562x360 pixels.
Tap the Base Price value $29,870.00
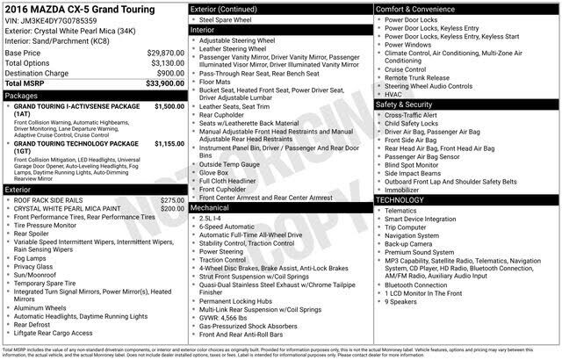(x=166, y=54)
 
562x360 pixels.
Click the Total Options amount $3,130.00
(x=166, y=63)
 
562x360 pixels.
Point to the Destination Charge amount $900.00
(x=170, y=73)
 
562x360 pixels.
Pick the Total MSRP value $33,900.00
(x=164, y=83)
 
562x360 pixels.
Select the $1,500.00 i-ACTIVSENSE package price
(x=168, y=105)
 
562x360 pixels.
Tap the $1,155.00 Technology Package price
(x=168, y=142)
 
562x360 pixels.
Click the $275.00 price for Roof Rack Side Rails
(x=172, y=200)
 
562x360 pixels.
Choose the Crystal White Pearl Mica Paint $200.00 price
(x=172, y=209)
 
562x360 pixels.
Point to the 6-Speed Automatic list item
(x=235, y=227)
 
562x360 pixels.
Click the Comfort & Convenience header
(x=421, y=9)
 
